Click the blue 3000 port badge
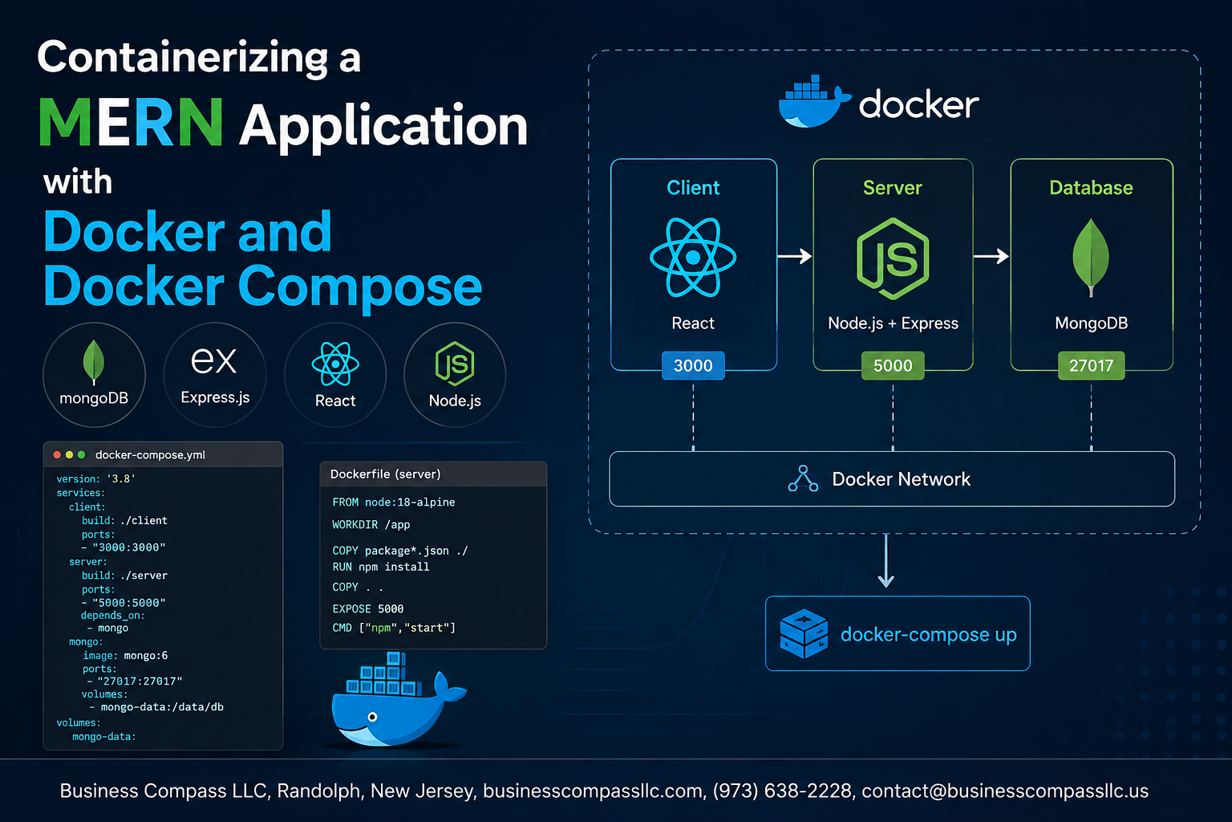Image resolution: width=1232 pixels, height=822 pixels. (x=693, y=365)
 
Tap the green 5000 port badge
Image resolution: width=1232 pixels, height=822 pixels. (x=893, y=365)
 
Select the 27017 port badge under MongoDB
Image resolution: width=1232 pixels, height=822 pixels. (x=1091, y=365)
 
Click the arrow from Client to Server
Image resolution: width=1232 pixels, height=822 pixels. (x=795, y=256)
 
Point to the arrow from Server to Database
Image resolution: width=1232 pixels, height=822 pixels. (x=991, y=256)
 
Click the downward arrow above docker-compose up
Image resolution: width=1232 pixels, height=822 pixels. (x=885, y=560)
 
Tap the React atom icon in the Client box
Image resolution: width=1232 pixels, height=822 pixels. (x=693, y=257)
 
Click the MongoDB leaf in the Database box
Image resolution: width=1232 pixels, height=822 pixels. (x=1091, y=258)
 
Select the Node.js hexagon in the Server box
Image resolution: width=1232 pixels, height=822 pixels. (x=893, y=258)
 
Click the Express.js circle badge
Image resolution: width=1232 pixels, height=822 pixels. (x=215, y=375)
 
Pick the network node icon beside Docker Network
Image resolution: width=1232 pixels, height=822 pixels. (x=803, y=478)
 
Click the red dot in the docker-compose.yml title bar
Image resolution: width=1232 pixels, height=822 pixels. (x=57, y=455)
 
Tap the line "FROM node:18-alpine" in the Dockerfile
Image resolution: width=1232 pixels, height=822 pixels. (x=394, y=503)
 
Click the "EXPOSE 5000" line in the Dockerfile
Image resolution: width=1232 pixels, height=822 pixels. (x=368, y=608)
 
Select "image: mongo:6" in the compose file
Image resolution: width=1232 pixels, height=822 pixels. (x=125, y=655)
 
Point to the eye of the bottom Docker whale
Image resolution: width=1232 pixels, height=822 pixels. (x=372, y=717)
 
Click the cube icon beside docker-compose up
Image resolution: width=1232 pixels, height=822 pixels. (x=804, y=633)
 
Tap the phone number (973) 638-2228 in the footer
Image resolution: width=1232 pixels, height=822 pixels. (x=782, y=791)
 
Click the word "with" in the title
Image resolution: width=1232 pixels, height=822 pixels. (x=78, y=182)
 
